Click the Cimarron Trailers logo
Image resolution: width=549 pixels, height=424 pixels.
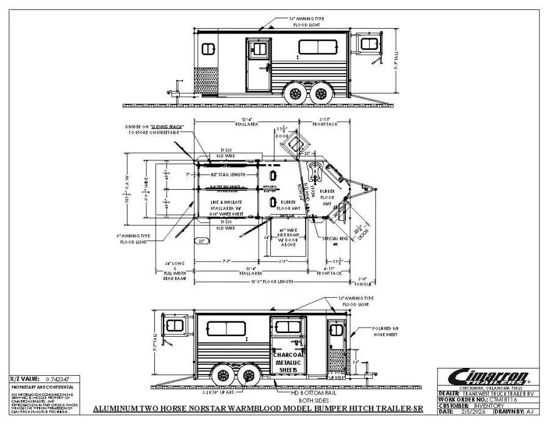click(x=480, y=375)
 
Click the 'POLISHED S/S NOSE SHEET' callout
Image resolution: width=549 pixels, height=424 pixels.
click(x=386, y=331)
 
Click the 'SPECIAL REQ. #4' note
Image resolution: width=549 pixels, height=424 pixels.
click(x=334, y=239)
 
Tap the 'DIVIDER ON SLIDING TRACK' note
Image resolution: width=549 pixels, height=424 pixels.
click(x=147, y=127)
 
